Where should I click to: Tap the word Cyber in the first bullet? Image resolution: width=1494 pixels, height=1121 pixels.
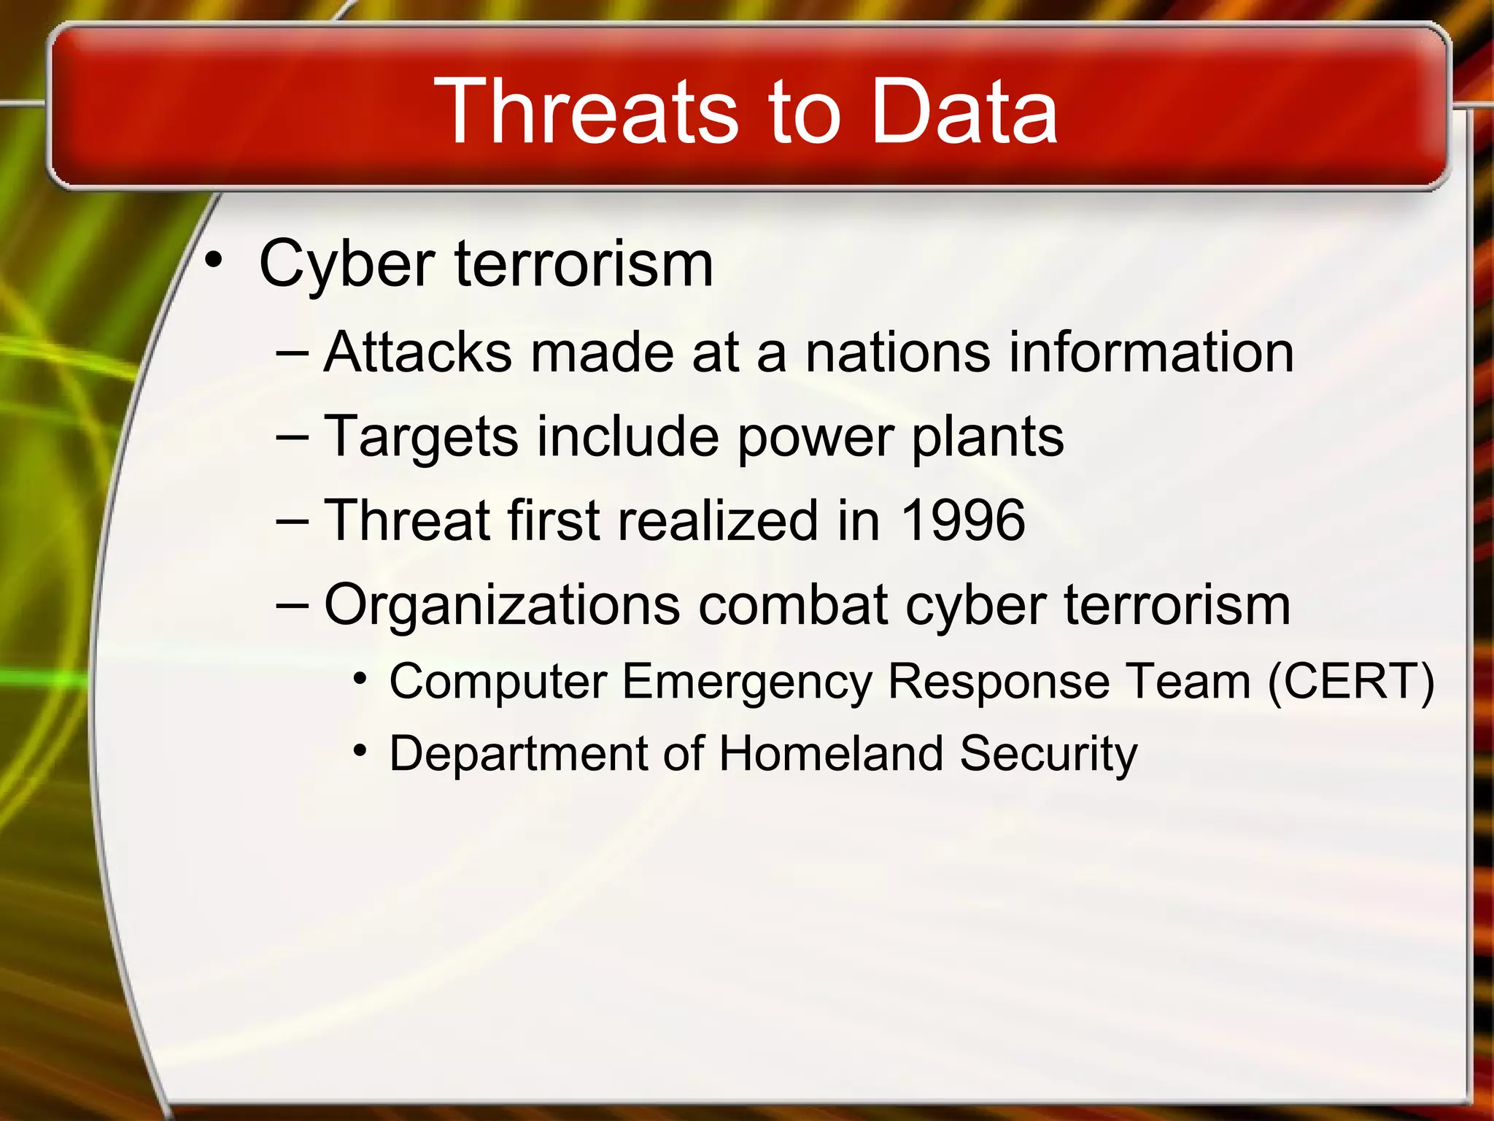coord(347,264)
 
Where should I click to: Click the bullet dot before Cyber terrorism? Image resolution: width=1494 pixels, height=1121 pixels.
coord(213,259)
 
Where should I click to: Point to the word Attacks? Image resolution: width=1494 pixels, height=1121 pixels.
coord(417,353)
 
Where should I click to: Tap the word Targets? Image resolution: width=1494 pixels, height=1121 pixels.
coord(421,437)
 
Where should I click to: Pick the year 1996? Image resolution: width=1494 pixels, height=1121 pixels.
coord(963,520)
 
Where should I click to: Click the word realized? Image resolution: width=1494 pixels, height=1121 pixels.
coord(719,520)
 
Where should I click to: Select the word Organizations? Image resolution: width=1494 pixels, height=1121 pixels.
coord(502,605)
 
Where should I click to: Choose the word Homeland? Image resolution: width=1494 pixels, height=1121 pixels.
coord(831,753)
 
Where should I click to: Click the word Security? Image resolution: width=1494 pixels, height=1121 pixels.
coord(1048,753)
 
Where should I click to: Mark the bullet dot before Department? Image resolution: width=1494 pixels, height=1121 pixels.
coord(359,750)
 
